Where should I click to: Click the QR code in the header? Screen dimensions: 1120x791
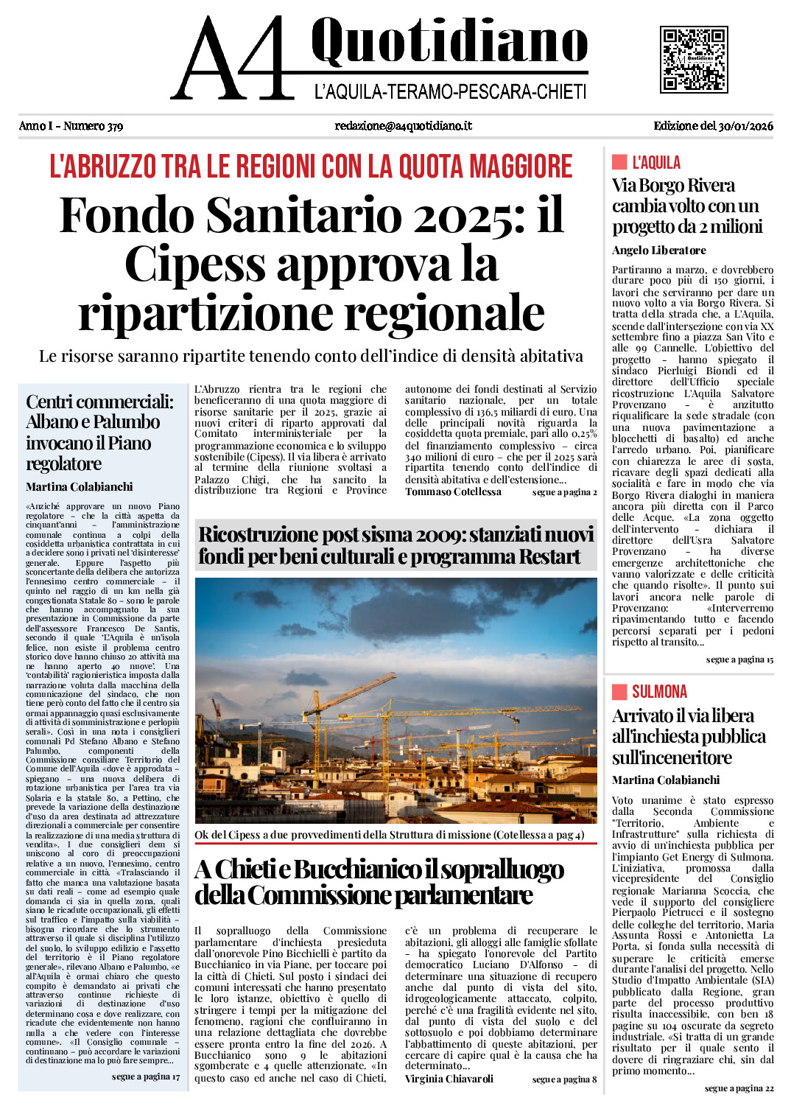[x=693, y=59]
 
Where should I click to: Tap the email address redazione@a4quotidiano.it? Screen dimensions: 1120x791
[x=403, y=126]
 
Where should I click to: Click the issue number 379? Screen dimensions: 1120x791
[x=114, y=126]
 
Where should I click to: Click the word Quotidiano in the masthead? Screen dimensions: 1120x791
[x=449, y=43]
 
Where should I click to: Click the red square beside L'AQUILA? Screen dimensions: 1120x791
[x=619, y=162]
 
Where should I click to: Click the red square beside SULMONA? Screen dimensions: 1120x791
[x=619, y=691]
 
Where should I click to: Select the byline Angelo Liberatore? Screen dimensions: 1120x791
[x=658, y=251]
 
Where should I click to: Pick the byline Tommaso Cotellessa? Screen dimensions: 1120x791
[x=453, y=491]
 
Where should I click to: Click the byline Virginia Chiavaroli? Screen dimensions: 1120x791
[x=449, y=1079]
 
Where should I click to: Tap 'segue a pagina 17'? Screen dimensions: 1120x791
[x=145, y=1077]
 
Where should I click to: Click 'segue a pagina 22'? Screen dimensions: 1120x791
[x=739, y=1088]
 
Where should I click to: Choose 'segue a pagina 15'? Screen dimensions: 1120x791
[x=739, y=659]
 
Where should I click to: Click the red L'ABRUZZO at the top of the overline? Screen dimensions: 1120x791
[x=103, y=167]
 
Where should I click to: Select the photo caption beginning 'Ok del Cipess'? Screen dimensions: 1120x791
[x=389, y=835]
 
